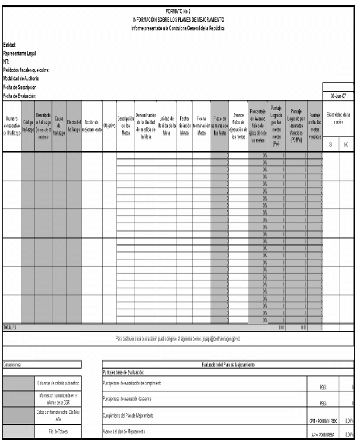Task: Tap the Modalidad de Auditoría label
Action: coord(21,78)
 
